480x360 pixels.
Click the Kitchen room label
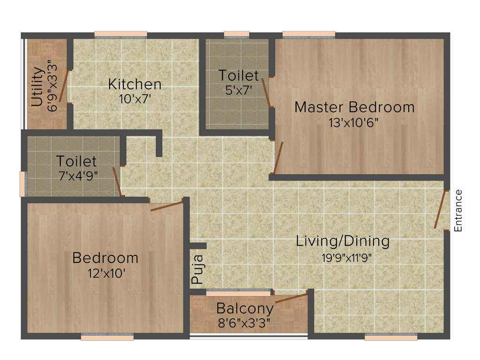click(135, 84)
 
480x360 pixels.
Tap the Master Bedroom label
click(354, 107)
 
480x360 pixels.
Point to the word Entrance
click(458, 210)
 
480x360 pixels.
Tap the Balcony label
click(245, 309)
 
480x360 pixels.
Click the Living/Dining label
click(343, 241)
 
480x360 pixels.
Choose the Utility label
click(37, 87)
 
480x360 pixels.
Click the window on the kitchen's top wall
click(121, 34)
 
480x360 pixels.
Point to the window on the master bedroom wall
click(309, 34)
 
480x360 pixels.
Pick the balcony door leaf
click(291, 298)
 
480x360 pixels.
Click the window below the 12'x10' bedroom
click(107, 337)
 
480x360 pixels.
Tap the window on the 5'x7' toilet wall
click(236, 34)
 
